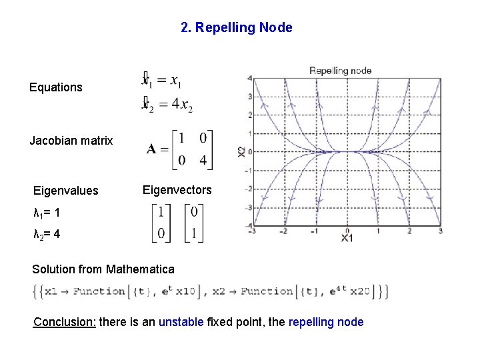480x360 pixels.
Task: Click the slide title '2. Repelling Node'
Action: click(236, 27)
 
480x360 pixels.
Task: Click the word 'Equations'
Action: click(56, 87)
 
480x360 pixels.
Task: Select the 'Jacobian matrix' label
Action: click(71, 141)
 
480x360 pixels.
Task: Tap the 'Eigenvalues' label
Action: click(66, 191)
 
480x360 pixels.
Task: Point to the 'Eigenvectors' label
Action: click(177, 190)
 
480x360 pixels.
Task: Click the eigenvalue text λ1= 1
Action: click(47, 213)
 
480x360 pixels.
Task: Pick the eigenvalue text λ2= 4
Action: click(47, 235)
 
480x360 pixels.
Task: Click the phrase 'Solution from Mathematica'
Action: click(103, 269)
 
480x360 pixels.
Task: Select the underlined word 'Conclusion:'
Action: click(65, 323)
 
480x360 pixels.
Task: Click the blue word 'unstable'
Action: click(181, 323)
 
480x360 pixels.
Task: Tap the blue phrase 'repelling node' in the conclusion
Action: click(326, 323)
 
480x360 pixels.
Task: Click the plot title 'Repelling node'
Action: click(341, 71)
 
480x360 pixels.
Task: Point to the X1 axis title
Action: click(347, 238)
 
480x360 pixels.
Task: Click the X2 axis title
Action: click(241, 153)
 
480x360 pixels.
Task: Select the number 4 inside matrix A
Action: click(202, 160)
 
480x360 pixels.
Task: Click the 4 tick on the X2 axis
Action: click(249, 78)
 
